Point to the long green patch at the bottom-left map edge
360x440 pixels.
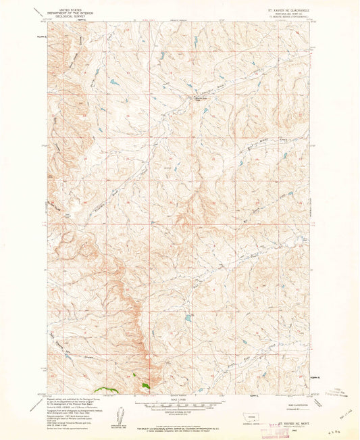[x=105, y=389]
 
